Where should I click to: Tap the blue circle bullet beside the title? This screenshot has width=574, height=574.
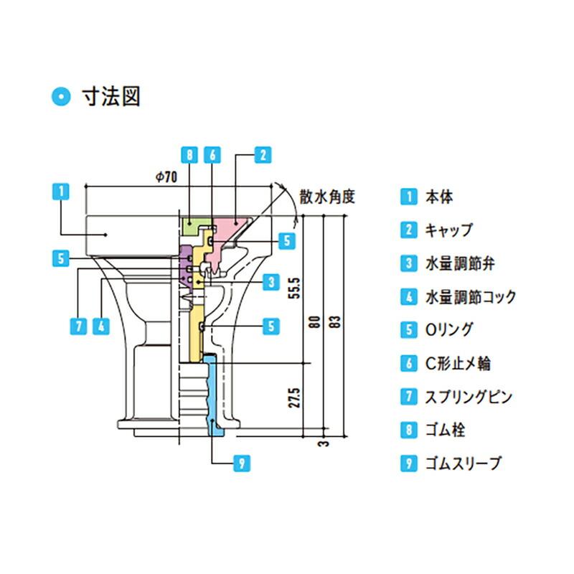pos(62,96)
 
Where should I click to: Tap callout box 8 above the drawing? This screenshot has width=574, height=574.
pos(188,154)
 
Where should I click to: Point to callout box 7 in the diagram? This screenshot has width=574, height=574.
pos(80,326)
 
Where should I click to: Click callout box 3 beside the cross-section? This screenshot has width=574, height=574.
pos(270,282)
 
